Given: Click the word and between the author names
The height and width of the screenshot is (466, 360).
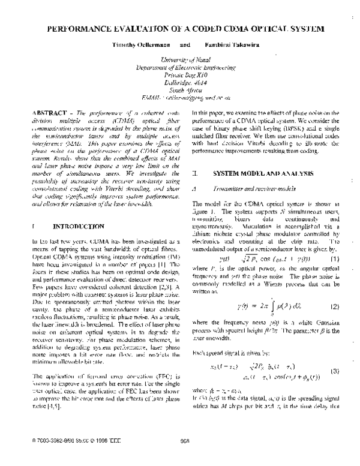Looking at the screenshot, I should tap(185, 44).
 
